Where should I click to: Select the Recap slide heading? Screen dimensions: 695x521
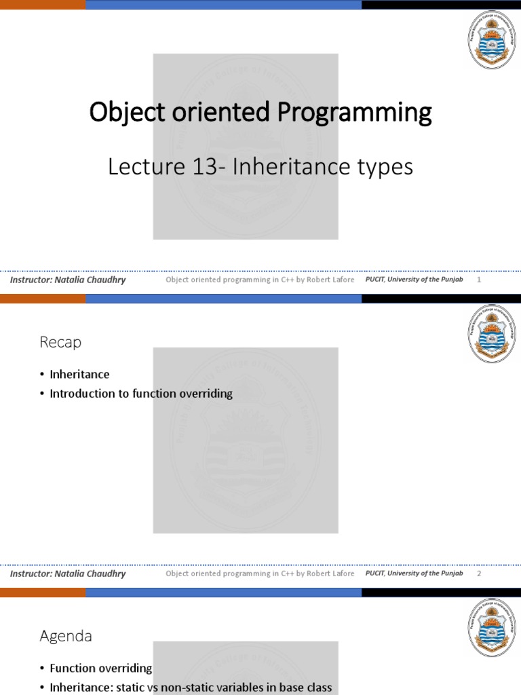coord(60,342)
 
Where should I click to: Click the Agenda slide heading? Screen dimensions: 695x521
coord(66,636)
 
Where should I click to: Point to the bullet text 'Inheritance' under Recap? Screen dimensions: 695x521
coord(79,374)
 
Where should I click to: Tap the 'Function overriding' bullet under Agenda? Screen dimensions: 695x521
coord(100,669)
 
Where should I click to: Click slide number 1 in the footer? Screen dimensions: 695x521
coord(480,280)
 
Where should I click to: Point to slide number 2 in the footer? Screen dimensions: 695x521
coord(480,574)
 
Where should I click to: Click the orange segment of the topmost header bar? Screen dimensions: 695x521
coord(42,4)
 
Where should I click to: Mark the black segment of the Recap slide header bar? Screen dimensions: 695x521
coord(441,299)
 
